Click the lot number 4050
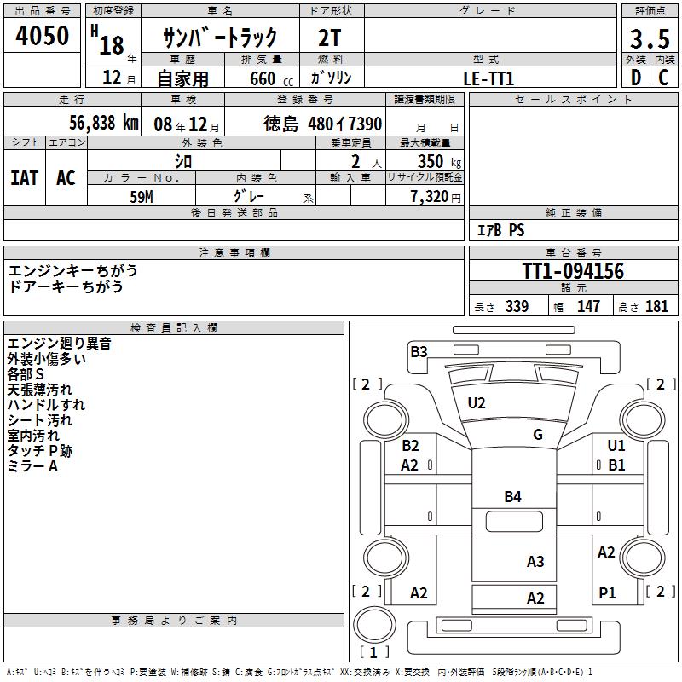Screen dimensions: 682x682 click(x=43, y=37)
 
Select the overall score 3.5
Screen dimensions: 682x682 click(x=649, y=39)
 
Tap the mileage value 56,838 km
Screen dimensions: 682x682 click(x=92, y=123)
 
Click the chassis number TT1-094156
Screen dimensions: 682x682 click(x=573, y=271)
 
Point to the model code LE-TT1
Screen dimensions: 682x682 click(x=488, y=78)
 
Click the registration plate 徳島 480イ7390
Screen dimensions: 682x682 click(x=322, y=124)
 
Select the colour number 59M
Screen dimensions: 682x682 click(x=142, y=195)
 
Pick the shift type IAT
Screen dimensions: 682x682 click(x=25, y=177)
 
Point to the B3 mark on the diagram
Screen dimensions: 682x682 click(x=419, y=351)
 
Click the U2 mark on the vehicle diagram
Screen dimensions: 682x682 click(x=477, y=402)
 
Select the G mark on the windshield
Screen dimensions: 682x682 click(x=538, y=435)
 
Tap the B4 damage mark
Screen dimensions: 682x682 click(x=512, y=496)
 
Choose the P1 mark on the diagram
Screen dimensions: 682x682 click(x=607, y=593)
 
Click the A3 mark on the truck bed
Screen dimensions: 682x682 click(x=535, y=561)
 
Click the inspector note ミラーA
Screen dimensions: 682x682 click(x=32, y=466)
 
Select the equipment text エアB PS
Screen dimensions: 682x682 click(x=500, y=230)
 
